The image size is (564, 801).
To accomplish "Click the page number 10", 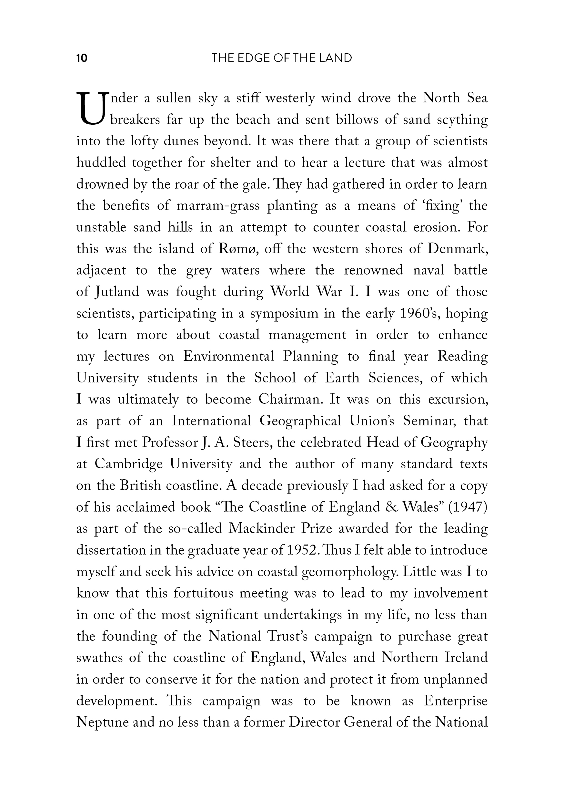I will [82, 58].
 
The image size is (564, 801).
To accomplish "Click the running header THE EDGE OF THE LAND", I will [282, 58].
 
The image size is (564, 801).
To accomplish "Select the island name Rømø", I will [238, 249].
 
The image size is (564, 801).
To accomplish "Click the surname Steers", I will [255, 443].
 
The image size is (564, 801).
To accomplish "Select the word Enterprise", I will [456, 701].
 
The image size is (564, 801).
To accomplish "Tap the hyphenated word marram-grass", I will [218, 206].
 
